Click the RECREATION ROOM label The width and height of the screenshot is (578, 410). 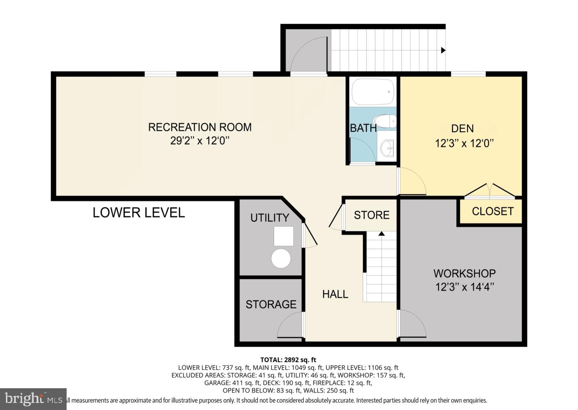tap(199, 127)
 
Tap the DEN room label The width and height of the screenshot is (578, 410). tap(462, 129)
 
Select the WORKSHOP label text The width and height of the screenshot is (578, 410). tap(464, 273)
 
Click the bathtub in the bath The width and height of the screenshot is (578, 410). tap(373, 92)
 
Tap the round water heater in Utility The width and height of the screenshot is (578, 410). tap(281, 258)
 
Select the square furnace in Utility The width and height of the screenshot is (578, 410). tap(283, 236)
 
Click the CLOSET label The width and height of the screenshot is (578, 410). tap(493, 211)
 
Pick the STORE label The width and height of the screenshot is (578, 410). tap(371, 215)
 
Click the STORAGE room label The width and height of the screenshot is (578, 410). tap(271, 304)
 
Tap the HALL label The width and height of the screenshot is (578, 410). tap(335, 294)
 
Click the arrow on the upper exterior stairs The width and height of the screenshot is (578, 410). tap(443, 50)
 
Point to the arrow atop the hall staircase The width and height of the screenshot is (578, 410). tap(381, 233)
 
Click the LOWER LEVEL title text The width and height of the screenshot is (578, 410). tap(138, 213)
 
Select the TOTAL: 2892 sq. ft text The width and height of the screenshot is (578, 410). tap(288, 360)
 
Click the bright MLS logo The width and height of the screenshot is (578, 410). tap(33, 399)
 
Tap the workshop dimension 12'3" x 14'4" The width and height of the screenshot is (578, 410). tap(464, 287)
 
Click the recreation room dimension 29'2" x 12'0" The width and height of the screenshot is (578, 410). tap(199, 141)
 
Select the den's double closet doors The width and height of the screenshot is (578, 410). tap(489, 191)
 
